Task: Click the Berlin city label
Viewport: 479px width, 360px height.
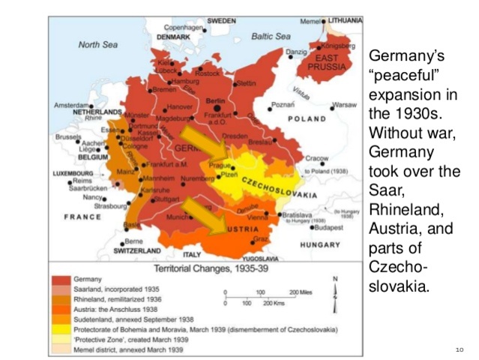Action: coord(215,100)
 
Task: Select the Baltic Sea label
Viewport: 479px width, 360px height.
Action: coord(271,36)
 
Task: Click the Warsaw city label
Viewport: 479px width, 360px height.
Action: coord(344,104)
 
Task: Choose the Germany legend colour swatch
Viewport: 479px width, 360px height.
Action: coord(58,279)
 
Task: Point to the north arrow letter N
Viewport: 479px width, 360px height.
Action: coord(335,280)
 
